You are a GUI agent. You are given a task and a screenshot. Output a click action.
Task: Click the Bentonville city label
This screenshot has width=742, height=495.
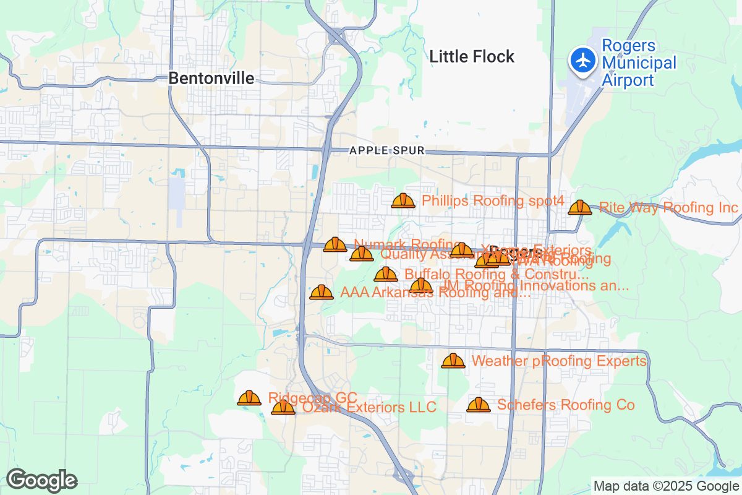tap(211, 78)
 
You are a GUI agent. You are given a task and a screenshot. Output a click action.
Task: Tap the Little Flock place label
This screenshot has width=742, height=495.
tap(472, 57)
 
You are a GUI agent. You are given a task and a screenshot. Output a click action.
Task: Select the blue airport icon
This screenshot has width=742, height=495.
tap(582, 61)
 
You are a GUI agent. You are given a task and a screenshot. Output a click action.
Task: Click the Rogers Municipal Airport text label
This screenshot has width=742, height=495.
tap(639, 63)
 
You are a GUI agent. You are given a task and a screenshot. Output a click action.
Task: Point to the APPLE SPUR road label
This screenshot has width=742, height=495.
tap(386, 150)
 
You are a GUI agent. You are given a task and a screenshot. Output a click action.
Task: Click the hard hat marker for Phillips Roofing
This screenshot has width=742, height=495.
tap(403, 201)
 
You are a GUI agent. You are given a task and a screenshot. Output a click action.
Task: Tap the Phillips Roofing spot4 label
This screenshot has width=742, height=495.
tap(493, 200)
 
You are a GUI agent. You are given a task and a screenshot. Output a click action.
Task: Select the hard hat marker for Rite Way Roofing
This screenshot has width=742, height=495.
tap(580, 208)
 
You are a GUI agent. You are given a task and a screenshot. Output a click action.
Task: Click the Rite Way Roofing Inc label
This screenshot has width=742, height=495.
tap(668, 207)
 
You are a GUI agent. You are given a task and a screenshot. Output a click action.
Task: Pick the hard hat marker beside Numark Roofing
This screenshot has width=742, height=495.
tap(335, 245)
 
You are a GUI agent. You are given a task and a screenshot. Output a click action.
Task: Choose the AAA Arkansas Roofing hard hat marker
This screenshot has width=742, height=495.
tap(322, 293)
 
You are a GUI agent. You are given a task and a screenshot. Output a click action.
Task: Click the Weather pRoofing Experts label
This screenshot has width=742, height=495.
tap(559, 361)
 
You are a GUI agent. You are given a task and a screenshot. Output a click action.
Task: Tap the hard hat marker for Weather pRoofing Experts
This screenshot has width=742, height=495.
tap(453, 361)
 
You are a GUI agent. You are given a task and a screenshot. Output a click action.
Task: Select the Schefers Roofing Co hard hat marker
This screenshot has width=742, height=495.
tap(478, 405)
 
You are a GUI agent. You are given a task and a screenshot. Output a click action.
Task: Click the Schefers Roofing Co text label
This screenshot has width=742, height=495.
tap(566, 405)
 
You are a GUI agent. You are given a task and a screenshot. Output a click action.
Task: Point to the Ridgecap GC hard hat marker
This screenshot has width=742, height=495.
tap(249, 398)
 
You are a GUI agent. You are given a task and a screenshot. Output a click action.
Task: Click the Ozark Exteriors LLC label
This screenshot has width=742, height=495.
tap(369, 407)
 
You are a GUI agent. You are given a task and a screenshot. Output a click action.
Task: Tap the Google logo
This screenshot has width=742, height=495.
tap(41, 480)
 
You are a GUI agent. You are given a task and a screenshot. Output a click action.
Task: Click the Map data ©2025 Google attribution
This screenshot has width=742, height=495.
tap(666, 486)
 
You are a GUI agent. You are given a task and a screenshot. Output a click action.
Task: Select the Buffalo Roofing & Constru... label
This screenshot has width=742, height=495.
tap(496, 274)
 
